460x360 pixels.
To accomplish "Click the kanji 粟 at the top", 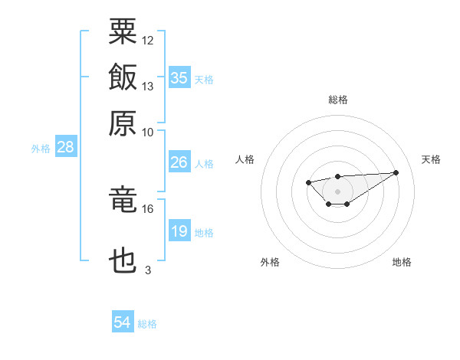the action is [123, 31].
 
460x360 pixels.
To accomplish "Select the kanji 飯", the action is [123, 77].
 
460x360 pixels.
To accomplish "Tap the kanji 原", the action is [123, 123].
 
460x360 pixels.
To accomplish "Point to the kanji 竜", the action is [123, 199].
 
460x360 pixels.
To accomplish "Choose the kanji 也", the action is [123, 260].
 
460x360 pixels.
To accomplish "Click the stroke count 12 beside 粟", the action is [147, 41].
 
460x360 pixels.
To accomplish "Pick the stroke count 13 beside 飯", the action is [147, 87].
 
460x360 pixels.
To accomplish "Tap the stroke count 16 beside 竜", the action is [147, 209].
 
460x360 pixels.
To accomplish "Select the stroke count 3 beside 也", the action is [148, 270].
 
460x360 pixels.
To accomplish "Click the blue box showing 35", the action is [179, 77].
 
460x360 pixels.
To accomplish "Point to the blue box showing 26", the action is [179, 162].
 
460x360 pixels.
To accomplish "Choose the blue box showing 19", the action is [179, 230].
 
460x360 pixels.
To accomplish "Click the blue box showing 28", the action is [66, 146].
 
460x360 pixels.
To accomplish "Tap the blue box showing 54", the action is [123, 321].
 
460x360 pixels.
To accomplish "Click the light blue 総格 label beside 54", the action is [147, 324].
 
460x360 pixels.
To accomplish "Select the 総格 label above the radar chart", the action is [338, 100].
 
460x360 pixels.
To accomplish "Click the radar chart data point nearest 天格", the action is [396, 172].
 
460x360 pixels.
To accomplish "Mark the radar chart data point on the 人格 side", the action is [308, 182].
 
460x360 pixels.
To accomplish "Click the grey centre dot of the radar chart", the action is [337, 191].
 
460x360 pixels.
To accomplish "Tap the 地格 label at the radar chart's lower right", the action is [402, 262].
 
